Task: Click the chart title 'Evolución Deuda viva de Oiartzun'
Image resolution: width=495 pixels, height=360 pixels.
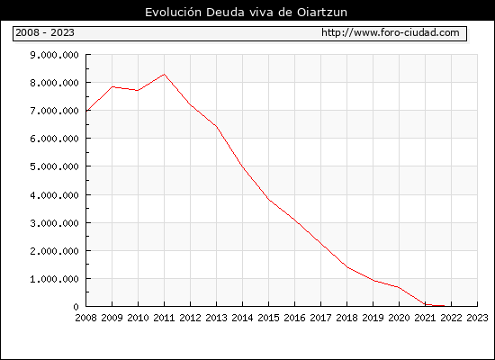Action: [x=246, y=13]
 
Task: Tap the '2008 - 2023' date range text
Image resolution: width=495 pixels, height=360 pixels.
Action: [x=45, y=32]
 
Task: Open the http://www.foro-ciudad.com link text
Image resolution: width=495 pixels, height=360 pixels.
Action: [x=391, y=32]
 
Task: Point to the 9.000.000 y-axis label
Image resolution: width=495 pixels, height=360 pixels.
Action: [x=54, y=55]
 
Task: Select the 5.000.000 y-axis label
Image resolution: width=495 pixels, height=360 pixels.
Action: [x=54, y=166]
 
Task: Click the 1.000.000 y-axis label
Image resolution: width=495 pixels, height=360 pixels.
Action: [x=54, y=279]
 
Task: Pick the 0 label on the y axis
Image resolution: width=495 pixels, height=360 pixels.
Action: [x=76, y=307]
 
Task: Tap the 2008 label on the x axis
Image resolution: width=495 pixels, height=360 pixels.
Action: [x=85, y=318]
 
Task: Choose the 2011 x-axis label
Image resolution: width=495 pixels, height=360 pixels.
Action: [x=164, y=318]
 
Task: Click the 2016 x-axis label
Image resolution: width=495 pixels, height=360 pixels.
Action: [x=294, y=318]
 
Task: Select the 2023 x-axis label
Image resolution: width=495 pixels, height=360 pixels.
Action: [x=477, y=318]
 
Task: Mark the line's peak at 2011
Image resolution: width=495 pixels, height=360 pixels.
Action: [x=164, y=75]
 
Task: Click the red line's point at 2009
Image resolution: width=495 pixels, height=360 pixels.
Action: [x=112, y=86]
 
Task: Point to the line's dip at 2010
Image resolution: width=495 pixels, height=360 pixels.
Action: [x=138, y=90]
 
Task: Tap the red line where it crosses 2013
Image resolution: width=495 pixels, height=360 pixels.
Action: [x=217, y=127]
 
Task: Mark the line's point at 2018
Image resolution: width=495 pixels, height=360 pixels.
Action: [x=346, y=267]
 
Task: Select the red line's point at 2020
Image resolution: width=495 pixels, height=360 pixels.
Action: [x=399, y=287]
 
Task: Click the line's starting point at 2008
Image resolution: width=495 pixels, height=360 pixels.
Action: [x=86, y=111]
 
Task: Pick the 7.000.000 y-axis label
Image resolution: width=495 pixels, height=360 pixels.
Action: [x=54, y=111]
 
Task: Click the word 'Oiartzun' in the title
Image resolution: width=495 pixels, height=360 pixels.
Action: [x=322, y=13]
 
